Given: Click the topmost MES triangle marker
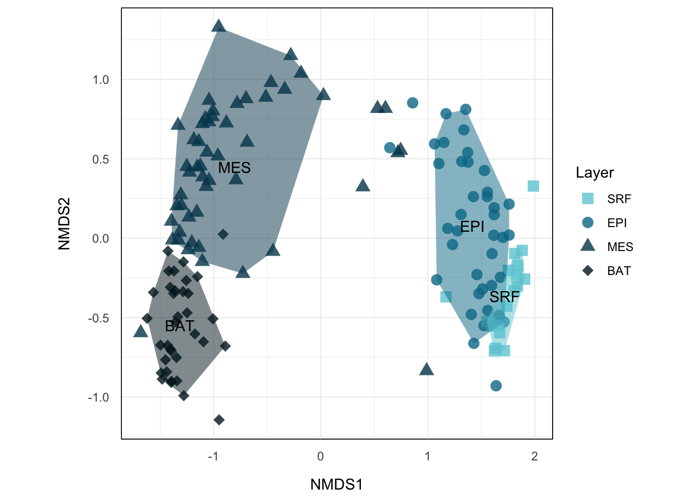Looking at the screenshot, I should (219, 26).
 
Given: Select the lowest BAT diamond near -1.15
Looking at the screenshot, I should (219, 420).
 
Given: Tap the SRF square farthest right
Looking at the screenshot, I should (533, 186).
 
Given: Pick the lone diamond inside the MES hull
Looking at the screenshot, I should (223, 234).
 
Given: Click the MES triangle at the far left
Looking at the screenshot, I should (141, 331).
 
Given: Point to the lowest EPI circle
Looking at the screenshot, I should (496, 386).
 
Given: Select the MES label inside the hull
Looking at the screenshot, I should (234, 168).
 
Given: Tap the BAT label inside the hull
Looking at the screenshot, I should (179, 326).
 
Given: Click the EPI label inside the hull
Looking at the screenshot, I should (472, 227).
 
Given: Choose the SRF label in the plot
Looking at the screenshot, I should (504, 297).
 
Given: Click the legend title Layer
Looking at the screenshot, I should (595, 173).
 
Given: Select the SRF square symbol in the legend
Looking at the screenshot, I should (587, 198).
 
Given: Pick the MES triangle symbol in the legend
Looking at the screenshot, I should (587, 245).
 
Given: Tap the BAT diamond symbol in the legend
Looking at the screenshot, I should (587, 270).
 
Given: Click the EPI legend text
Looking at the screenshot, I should (617, 223).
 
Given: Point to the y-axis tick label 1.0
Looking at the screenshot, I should (101, 80).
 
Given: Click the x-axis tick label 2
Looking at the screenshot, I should (534, 457).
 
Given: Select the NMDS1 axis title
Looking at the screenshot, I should (336, 484).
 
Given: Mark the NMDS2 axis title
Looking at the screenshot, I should (64, 223).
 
